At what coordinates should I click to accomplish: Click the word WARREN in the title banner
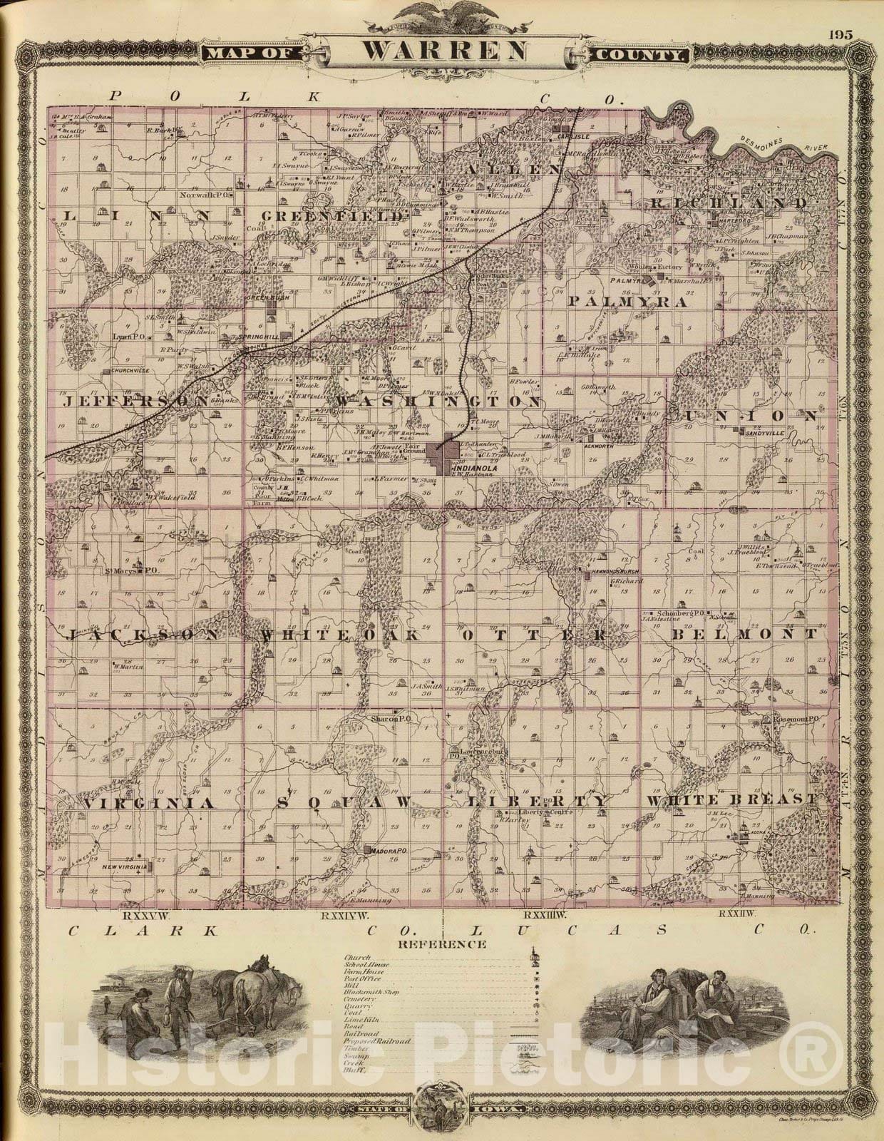(446, 51)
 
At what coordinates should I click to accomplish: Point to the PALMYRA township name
(627, 302)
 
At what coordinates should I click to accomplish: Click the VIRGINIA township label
(149, 803)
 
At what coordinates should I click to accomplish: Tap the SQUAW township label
(342, 802)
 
